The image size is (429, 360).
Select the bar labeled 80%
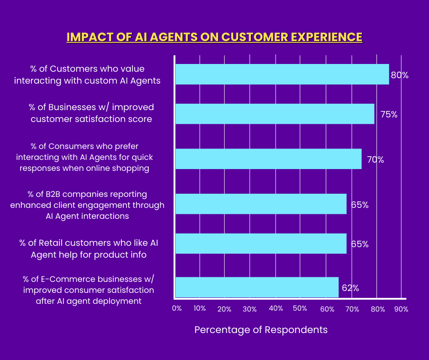coord(282,74)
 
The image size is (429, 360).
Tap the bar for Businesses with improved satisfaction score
coord(275,114)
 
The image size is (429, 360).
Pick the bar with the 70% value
coord(268,159)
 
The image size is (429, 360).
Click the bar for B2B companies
coord(261,204)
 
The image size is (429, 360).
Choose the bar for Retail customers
coord(261,244)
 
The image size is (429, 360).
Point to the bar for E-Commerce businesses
coord(257,287)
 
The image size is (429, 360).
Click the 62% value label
coord(350,288)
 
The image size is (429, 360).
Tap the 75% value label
coord(389,115)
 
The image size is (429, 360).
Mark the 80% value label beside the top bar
coord(399,75)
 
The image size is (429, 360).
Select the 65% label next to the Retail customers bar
coord(360,244)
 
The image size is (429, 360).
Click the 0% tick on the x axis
coord(177,309)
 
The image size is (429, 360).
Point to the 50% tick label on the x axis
coord(300,309)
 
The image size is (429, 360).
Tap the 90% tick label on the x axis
coord(401,309)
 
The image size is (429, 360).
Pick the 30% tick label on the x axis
coord(250,309)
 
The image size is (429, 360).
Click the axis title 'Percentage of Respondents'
coord(261,329)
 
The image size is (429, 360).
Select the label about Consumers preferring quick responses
coord(84,157)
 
